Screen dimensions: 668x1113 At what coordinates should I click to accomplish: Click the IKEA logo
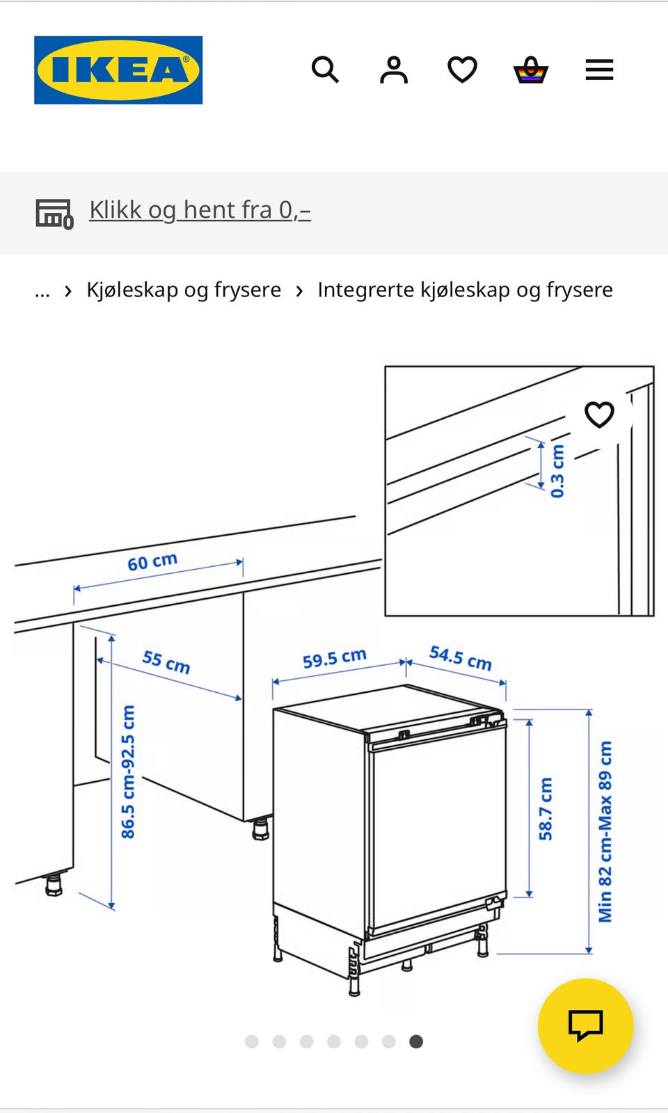[x=118, y=70]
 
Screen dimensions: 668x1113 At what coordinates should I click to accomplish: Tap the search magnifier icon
[x=325, y=70]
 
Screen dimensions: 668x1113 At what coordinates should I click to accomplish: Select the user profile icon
[x=394, y=70]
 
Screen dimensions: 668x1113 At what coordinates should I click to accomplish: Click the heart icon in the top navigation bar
[x=462, y=70]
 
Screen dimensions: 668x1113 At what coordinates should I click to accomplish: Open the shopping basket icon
[x=531, y=70]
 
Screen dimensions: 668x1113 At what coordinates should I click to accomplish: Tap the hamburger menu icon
[x=599, y=70]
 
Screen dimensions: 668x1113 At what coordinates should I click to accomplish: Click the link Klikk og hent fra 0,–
[x=200, y=210]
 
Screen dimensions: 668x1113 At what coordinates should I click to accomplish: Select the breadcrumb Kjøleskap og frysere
[x=184, y=289]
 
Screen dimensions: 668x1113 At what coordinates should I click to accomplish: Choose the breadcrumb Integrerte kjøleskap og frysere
[x=466, y=289]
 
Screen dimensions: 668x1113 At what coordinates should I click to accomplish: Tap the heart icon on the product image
[x=599, y=415]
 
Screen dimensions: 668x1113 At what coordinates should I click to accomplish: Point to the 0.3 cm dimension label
[x=557, y=470]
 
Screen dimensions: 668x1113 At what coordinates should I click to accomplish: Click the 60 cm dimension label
[x=152, y=561]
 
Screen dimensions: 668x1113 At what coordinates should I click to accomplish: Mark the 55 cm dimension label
[x=166, y=662]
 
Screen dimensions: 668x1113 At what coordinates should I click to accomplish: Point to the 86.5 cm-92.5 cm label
[x=128, y=771]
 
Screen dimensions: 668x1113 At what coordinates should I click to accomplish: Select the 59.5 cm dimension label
[x=335, y=658]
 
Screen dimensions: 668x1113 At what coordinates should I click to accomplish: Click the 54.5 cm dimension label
[x=460, y=658]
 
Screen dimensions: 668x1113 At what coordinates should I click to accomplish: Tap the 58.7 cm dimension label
[x=546, y=809]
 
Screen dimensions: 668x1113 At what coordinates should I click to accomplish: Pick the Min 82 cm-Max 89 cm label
[x=605, y=831]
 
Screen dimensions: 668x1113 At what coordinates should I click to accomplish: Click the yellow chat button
[x=585, y=1025]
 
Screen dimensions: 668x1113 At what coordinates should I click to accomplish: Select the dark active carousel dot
[x=416, y=1041]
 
